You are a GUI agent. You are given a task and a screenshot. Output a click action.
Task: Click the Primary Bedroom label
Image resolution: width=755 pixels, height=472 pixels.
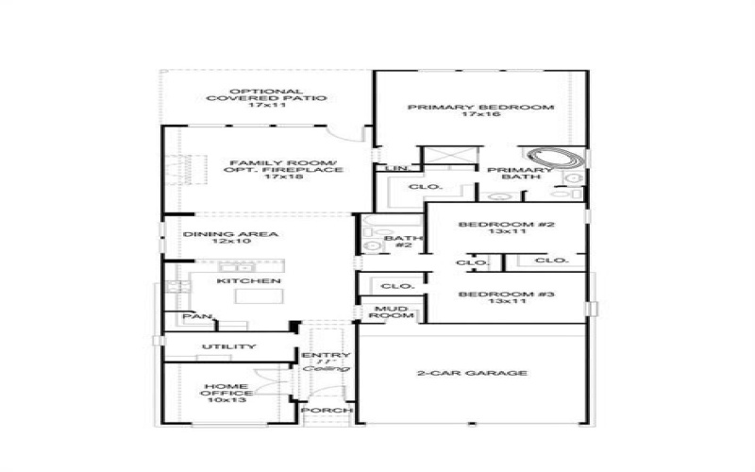(x=480, y=108)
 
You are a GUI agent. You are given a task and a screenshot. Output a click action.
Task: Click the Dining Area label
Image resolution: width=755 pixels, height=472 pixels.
(x=218, y=235)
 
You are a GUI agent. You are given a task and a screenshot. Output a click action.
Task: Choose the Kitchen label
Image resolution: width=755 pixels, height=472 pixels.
(x=236, y=281)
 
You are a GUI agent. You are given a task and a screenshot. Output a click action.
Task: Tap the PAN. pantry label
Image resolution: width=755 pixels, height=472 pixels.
(x=197, y=317)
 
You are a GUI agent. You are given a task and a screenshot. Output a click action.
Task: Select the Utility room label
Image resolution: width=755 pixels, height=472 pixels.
(x=228, y=346)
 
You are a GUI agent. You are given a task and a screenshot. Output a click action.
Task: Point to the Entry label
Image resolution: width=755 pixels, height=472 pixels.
(x=327, y=355)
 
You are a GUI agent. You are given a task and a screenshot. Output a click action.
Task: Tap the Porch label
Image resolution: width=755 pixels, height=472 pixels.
(x=327, y=411)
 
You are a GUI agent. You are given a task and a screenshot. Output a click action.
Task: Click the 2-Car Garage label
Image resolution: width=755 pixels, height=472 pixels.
(x=472, y=373)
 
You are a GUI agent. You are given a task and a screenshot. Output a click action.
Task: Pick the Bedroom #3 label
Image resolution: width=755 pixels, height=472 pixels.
(x=506, y=295)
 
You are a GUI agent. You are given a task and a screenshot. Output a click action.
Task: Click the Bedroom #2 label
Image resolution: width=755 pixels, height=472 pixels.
(x=506, y=225)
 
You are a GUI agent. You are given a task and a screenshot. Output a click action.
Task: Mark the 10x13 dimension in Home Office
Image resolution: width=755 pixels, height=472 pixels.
(x=225, y=400)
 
